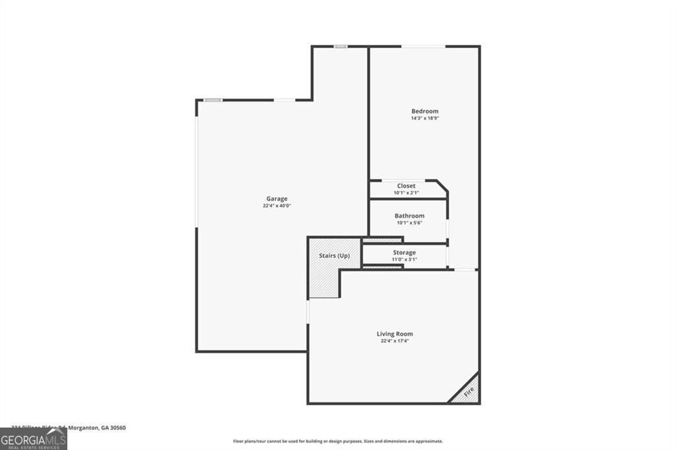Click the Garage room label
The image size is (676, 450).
click(x=277, y=199)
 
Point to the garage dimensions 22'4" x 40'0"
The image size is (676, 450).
click(x=277, y=206)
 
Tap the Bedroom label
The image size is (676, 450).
click(x=424, y=112)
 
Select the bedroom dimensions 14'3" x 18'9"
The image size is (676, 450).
click(x=424, y=119)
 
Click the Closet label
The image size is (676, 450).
click(x=406, y=186)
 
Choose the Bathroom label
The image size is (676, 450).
click(x=409, y=216)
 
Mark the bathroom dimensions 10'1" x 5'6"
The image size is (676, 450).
click(x=409, y=223)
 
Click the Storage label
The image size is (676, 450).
click(x=404, y=253)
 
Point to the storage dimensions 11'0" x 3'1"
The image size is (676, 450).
click(x=404, y=259)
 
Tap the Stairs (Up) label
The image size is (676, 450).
click(x=334, y=255)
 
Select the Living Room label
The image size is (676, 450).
click(x=395, y=334)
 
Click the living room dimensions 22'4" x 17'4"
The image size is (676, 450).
click(x=395, y=341)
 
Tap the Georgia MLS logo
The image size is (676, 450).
click(x=33, y=439)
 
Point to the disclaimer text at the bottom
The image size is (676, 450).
click(x=337, y=441)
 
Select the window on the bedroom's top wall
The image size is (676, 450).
click(x=423, y=46)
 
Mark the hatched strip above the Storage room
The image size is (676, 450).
click(x=382, y=240)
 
